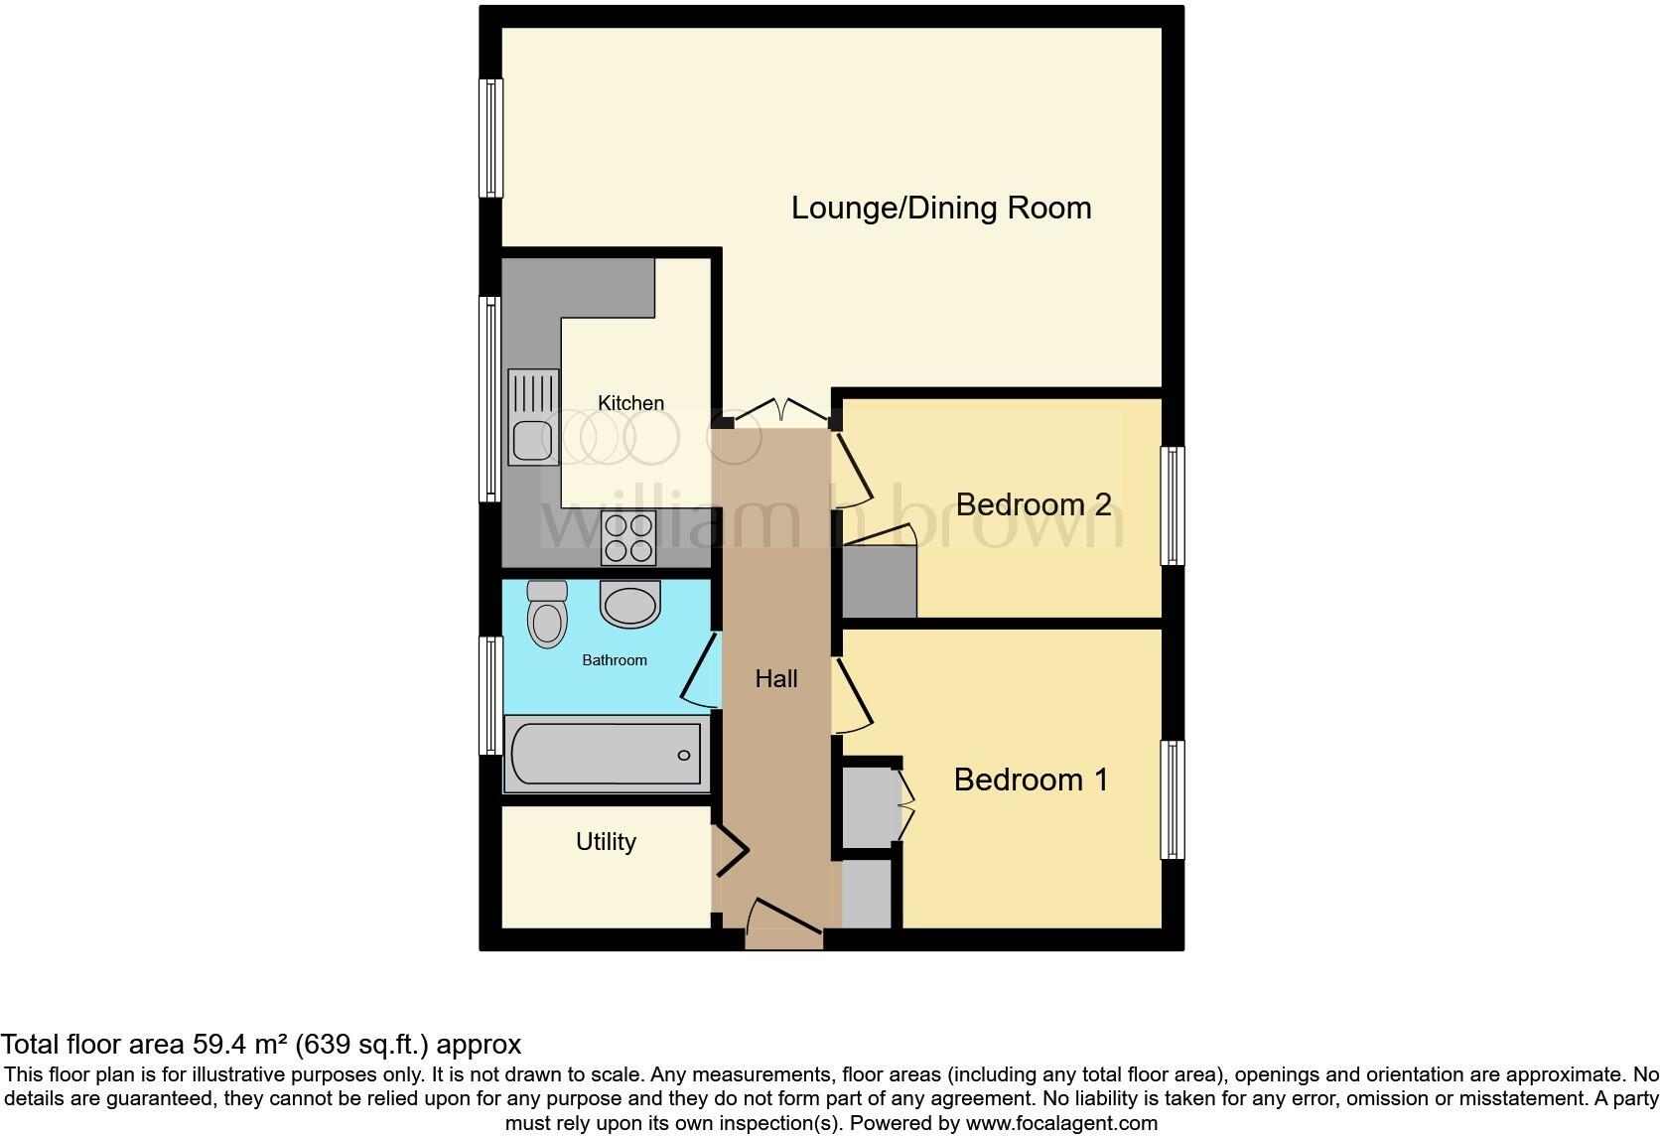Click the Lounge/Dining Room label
940,208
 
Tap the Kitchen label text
630,403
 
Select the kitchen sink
532,417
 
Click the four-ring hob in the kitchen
629,538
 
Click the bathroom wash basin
630,604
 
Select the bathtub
606,755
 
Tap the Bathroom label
614,660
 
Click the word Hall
775,679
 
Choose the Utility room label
606,842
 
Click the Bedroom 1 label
1031,780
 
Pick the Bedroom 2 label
1033,504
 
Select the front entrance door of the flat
783,919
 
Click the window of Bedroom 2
1173,505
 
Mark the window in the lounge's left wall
491,138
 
